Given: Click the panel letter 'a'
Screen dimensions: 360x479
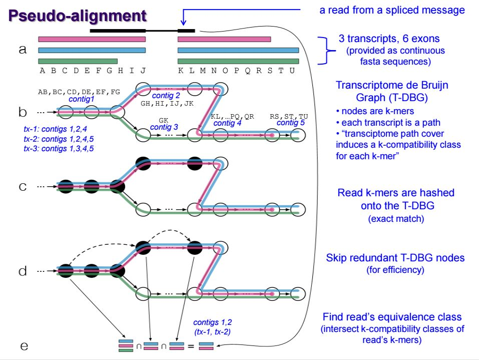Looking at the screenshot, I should pyautogui.click(x=22, y=50).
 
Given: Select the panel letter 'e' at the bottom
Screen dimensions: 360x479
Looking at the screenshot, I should pyautogui.click(x=23, y=346).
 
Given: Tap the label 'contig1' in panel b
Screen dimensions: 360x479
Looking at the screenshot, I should pyautogui.click(x=82, y=99).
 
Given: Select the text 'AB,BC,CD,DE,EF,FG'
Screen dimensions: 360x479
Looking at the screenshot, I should pyautogui.click(x=79, y=92).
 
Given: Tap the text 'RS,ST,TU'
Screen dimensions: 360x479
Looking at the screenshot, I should pyautogui.click(x=289, y=116).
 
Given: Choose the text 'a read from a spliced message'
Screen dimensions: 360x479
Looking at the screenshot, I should pyautogui.click(x=392, y=10).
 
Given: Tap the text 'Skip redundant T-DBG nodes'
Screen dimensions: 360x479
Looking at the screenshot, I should pyautogui.click(x=395, y=258).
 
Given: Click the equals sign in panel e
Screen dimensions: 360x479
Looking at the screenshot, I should pyautogui.click(x=191, y=346).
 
